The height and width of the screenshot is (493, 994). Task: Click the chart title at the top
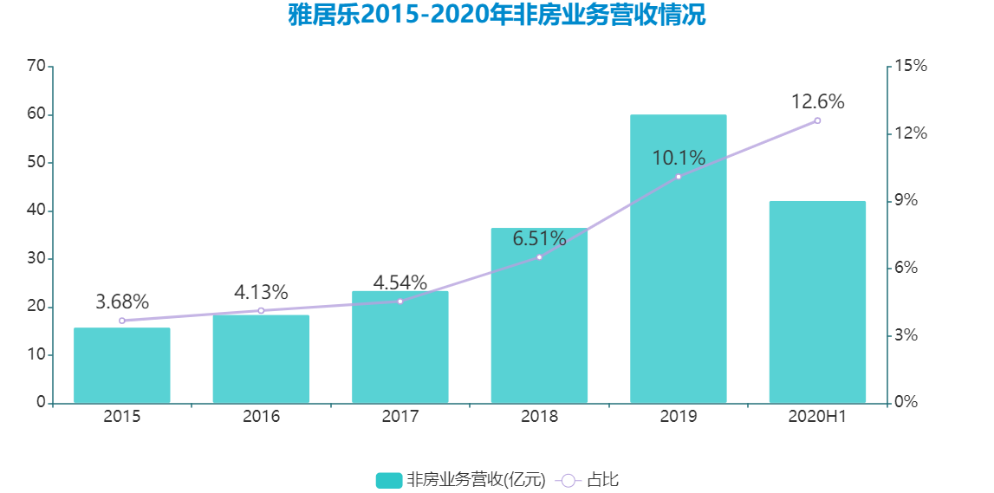(x=497, y=16)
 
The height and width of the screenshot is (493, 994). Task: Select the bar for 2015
(x=122, y=365)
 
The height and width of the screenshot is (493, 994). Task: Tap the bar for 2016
(x=261, y=359)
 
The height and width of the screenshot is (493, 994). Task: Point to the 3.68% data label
(x=122, y=302)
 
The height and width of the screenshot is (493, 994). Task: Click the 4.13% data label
(x=261, y=293)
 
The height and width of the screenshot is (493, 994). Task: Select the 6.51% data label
(x=539, y=238)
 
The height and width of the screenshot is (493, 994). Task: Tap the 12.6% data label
(x=817, y=102)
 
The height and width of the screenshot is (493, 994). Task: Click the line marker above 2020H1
(x=817, y=120)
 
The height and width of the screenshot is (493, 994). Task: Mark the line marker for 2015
(x=122, y=321)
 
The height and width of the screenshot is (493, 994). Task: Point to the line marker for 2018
(x=539, y=257)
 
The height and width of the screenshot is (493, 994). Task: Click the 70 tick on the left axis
(x=36, y=66)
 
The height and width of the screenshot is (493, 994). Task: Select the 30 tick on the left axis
(x=36, y=259)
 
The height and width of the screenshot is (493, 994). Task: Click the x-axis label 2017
(x=400, y=417)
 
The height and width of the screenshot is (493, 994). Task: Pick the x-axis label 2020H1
(x=817, y=417)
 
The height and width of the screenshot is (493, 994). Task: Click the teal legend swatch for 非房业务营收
(x=389, y=480)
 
